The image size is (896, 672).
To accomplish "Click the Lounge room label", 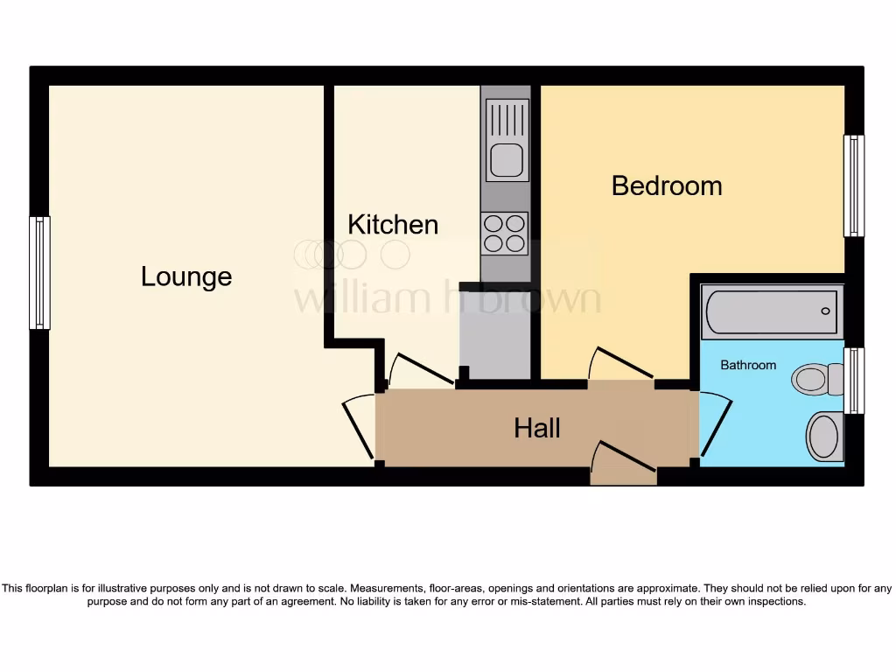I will tap(186, 276).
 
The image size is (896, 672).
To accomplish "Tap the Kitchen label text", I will tap(393, 224).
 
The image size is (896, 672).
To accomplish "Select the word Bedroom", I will tap(667, 185).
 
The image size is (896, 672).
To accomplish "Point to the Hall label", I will tap(537, 428).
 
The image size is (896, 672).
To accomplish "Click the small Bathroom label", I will tap(748, 365).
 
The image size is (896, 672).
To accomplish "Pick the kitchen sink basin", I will tap(507, 160).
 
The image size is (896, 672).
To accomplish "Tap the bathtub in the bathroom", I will tap(771, 311).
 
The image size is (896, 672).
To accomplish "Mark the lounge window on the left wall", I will tap(39, 273).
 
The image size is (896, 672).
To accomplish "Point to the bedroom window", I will tap(853, 185).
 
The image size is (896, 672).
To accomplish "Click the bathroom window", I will tap(853, 381).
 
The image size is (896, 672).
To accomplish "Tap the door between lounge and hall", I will tap(358, 429).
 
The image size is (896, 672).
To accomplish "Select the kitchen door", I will tap(420, 367).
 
